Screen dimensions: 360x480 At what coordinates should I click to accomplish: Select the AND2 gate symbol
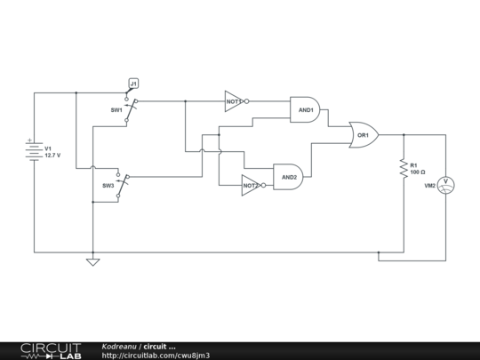pos(288,176)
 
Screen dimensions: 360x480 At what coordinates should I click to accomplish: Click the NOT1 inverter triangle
pos(233,101)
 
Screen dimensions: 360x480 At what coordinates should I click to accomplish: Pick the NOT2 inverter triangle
pos(250,185)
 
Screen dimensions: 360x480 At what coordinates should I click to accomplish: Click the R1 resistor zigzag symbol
pos(403,166)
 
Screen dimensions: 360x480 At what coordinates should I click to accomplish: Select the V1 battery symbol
pos(33,151)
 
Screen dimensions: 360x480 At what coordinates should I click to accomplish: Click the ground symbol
pos(92,261)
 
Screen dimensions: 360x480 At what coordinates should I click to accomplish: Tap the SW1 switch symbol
pos(131,110)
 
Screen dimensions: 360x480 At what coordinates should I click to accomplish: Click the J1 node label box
pos(133,84)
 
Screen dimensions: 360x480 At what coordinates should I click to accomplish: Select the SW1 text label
pos(116,110)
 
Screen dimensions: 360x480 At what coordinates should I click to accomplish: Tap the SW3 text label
pos(108,186)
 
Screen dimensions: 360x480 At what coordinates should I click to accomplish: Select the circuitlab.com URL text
pos(156,356)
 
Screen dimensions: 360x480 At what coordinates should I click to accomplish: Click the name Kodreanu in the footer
pos(118,346)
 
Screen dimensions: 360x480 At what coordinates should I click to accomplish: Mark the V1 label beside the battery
pos(49,148)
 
